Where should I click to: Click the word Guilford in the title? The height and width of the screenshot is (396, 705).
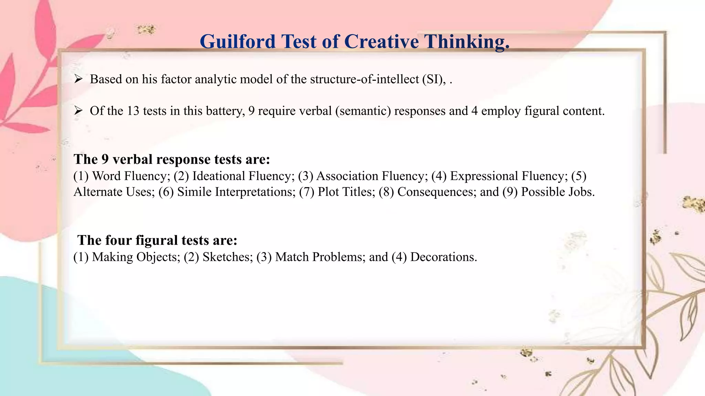238,42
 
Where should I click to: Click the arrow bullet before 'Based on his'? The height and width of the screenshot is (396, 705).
78,79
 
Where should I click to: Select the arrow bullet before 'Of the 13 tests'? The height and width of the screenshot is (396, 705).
78,111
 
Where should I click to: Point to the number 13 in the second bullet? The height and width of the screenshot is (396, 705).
133,111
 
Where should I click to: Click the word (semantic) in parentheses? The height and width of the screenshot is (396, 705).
363,111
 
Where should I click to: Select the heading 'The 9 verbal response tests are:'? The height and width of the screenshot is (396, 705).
171,159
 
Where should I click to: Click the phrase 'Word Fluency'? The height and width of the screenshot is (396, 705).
131,176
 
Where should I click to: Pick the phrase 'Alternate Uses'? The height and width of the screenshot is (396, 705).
114,192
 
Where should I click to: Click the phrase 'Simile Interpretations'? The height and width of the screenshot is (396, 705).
236,192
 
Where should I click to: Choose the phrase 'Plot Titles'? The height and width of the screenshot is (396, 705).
346,192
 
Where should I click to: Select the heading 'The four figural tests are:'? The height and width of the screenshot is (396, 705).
157,240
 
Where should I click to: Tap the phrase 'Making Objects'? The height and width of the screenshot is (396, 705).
135,257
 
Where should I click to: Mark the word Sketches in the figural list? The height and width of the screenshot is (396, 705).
227,257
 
